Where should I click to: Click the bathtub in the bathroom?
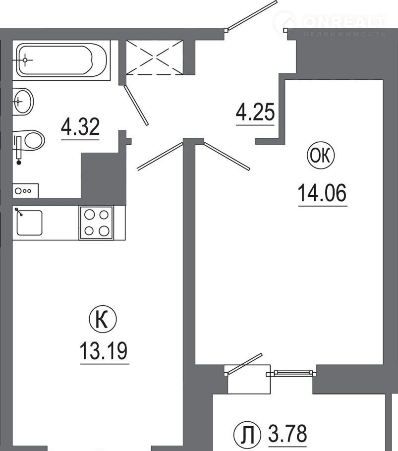(x=61, y=60)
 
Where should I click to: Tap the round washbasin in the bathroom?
(x=24, y=102)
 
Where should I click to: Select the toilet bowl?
(x=29, y=141)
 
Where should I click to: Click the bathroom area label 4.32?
(x=80, y=126)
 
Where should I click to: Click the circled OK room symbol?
(x=321, y=156)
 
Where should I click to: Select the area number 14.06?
(x=322, y=193)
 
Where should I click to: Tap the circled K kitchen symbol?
(x=103, y=320)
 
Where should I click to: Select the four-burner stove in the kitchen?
(x=96, y=223)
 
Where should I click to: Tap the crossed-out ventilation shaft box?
(x=155, y=57)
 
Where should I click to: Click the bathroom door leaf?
(x=136, y=105)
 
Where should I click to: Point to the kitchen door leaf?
(x=160, y=156)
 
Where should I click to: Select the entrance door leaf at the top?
(x=251, y=15)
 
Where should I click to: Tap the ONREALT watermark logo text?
(x=344, y=22)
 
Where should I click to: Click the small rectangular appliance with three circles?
(x=26, y=191)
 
